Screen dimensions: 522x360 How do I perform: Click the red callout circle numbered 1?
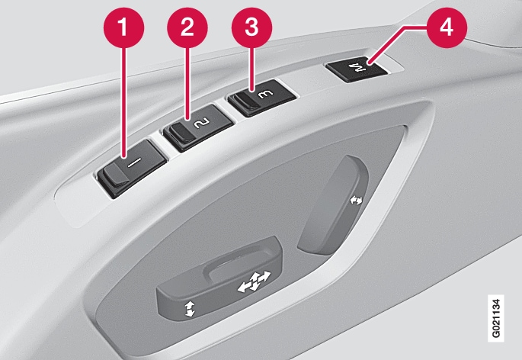(x=123, y=27)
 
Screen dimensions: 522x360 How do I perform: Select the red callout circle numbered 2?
(x=187, y=27)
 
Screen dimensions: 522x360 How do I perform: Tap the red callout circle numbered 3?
(x=251, y=27)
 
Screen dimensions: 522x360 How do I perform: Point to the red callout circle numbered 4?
(x=447, y=27)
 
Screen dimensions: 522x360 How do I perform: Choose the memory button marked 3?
(x=261, y=98)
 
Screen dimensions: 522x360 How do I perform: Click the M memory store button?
(x=357, y=69)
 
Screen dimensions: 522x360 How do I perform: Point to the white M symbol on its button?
(x=357, y=68)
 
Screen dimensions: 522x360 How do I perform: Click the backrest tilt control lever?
(x=333, y=205)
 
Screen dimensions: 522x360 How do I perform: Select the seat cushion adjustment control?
(x=219, y=279)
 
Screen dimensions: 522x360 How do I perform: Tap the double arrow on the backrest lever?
(x=356, y=200)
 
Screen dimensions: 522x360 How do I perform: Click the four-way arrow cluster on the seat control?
(x=255, y=282)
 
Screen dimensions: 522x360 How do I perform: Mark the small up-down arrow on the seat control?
(x=190, y=309)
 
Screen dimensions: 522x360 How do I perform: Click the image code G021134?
(x=495, y=318)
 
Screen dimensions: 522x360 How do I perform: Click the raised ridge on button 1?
(x=116, y=175)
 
